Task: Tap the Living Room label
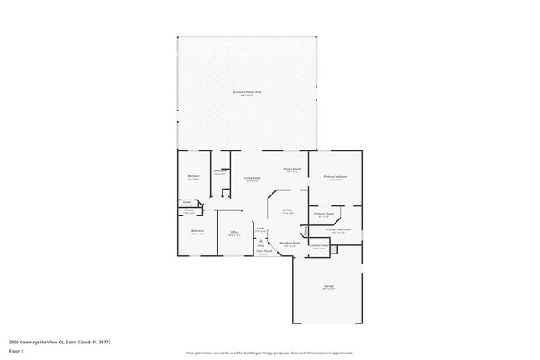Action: pos(253,178)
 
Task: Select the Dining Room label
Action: pos(292,170)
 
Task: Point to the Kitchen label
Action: pos(287,210)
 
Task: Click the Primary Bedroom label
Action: pos(336,177)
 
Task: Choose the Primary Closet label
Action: pos(324,214)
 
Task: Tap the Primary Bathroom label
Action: pos(337,229)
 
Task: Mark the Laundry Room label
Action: pos(318,245)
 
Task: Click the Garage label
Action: pos(328,286)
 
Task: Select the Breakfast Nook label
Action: pos(289,244)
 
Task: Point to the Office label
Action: pos(234,232)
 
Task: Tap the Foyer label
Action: pos(260,228)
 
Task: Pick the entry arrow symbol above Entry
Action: pos(260,240)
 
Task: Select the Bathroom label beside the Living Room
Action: pos(219,171)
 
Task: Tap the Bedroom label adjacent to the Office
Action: pos(197,231)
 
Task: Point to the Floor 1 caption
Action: pos(17,351)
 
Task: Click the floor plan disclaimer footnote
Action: pos(269,353)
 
